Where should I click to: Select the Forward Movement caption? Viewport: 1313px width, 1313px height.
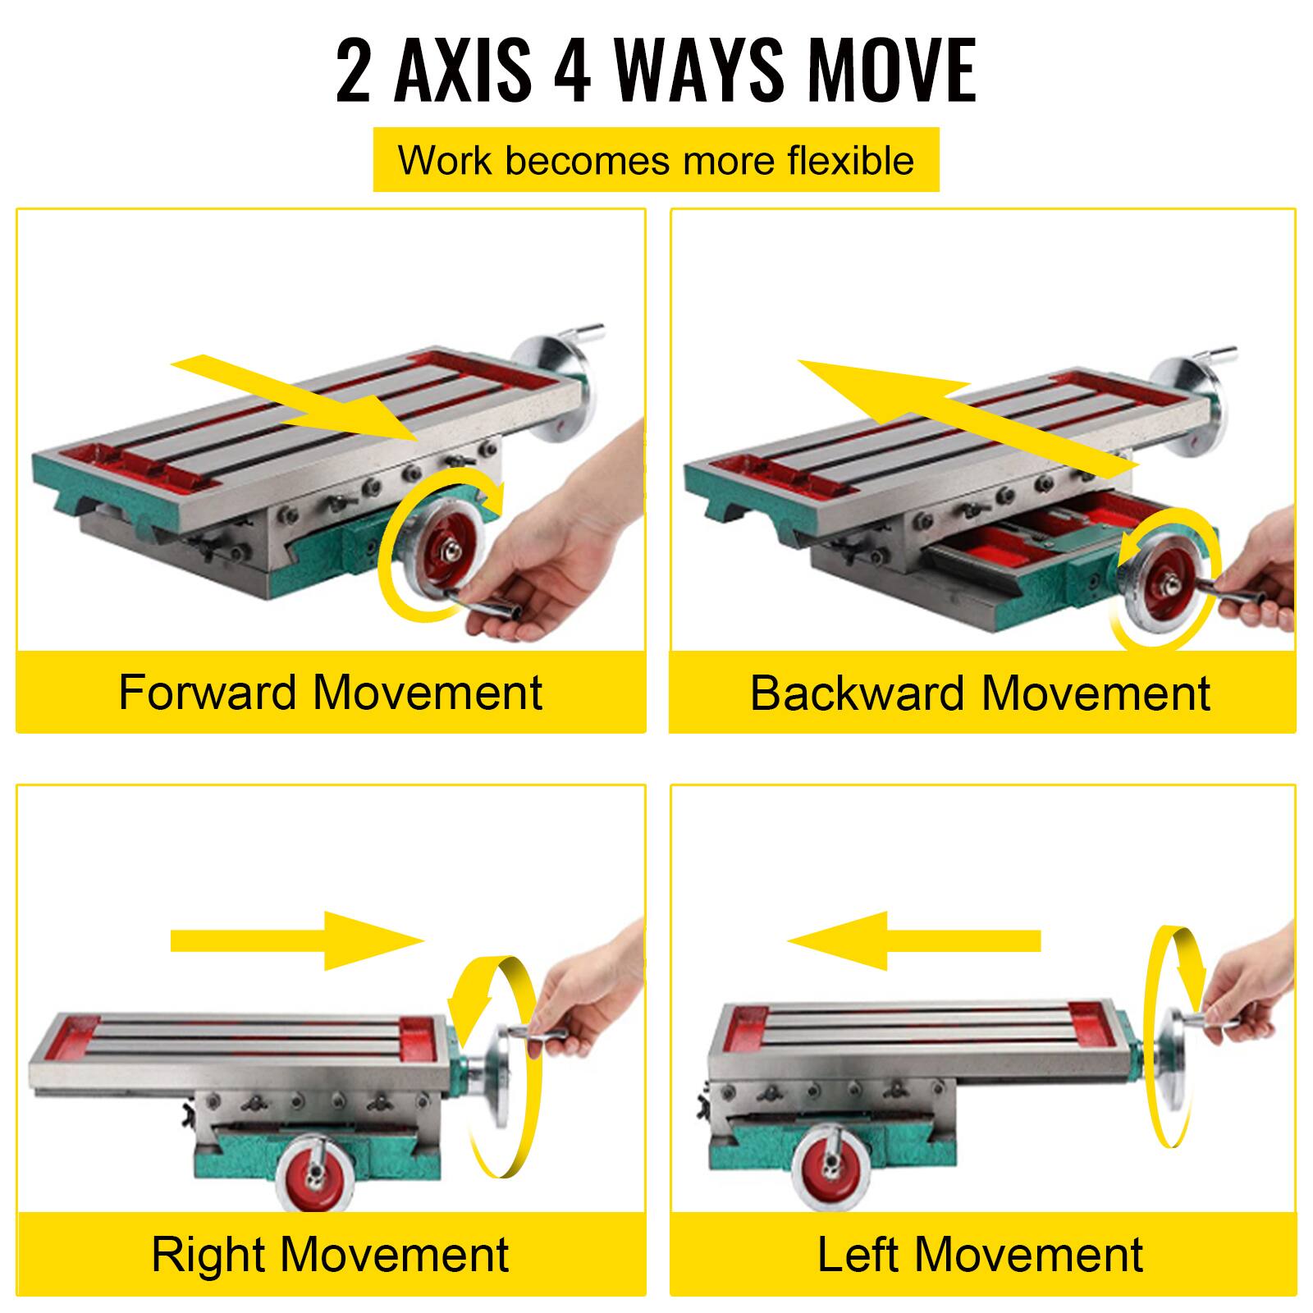pos(331,692)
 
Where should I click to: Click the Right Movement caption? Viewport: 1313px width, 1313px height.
pos(331,1254)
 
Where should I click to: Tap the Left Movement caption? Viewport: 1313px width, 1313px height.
pos(980,1254)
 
